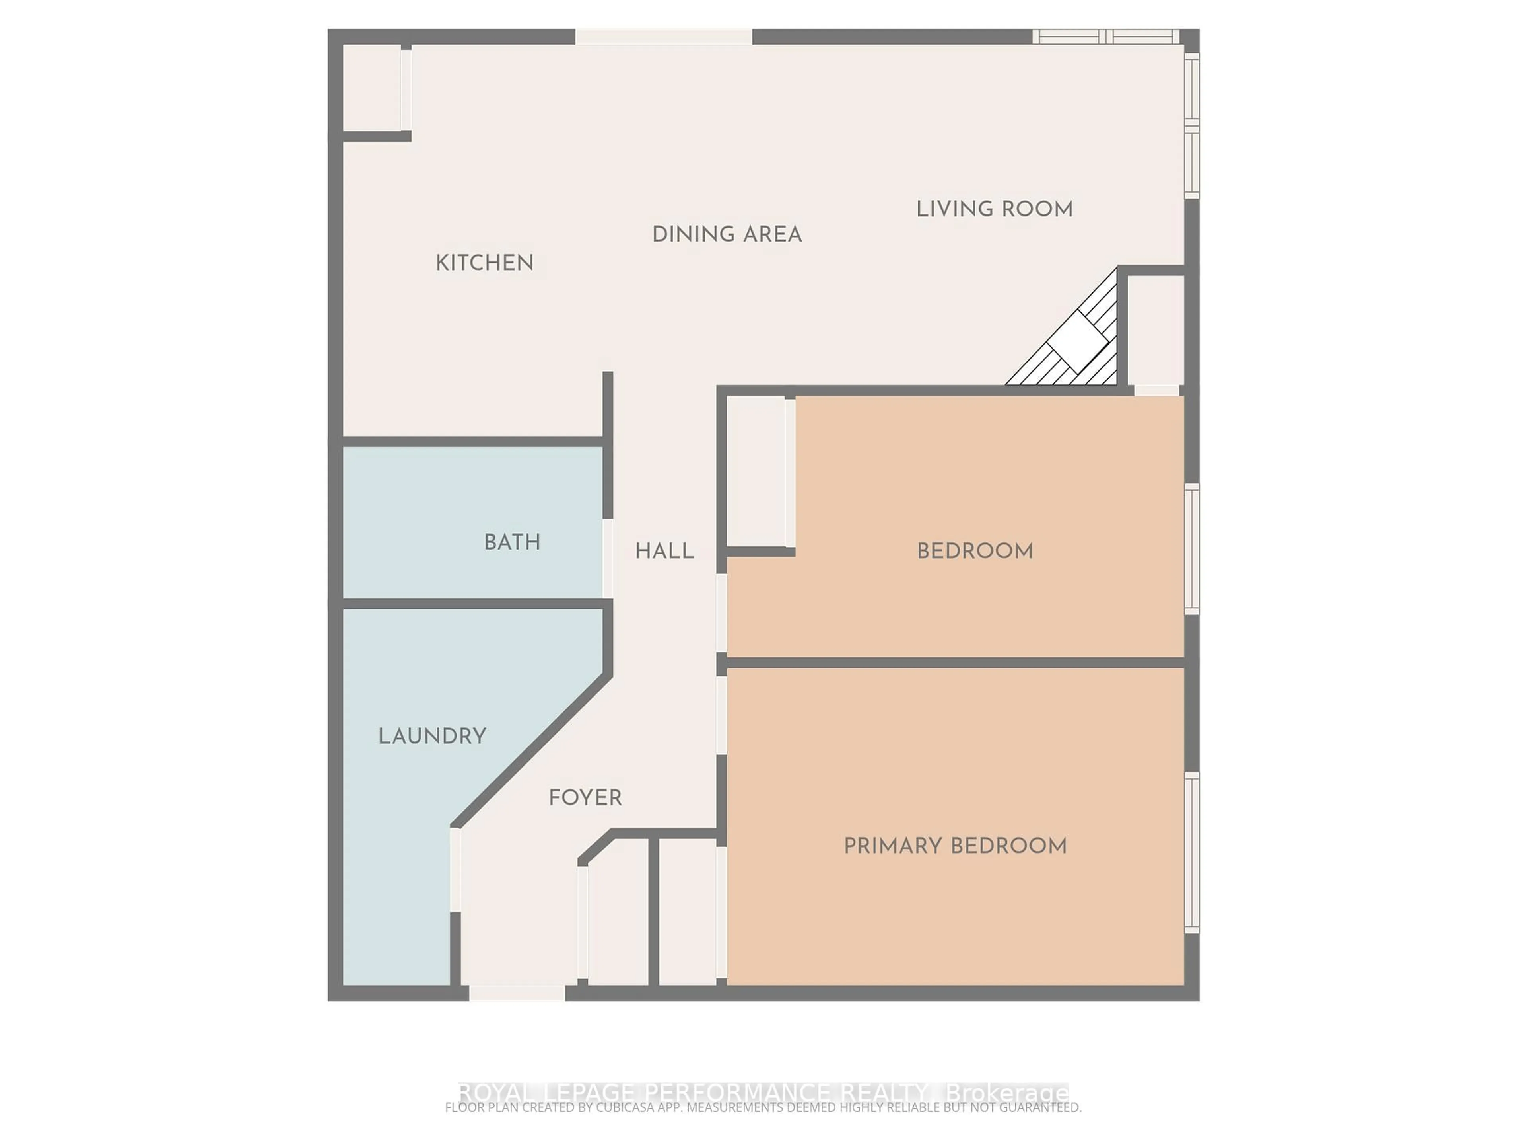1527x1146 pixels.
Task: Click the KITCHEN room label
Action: point(485,263)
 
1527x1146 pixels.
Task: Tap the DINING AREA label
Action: point(727,235)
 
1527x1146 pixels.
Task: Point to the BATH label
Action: point(512,542)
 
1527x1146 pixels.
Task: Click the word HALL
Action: point(664,551)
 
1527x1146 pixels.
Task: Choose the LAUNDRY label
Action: point(432,737)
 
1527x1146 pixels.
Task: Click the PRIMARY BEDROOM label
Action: point(956,846)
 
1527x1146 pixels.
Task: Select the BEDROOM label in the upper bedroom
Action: point(975,551)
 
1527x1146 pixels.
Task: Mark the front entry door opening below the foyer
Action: point(517,993)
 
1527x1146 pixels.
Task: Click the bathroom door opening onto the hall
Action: point(608,558)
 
